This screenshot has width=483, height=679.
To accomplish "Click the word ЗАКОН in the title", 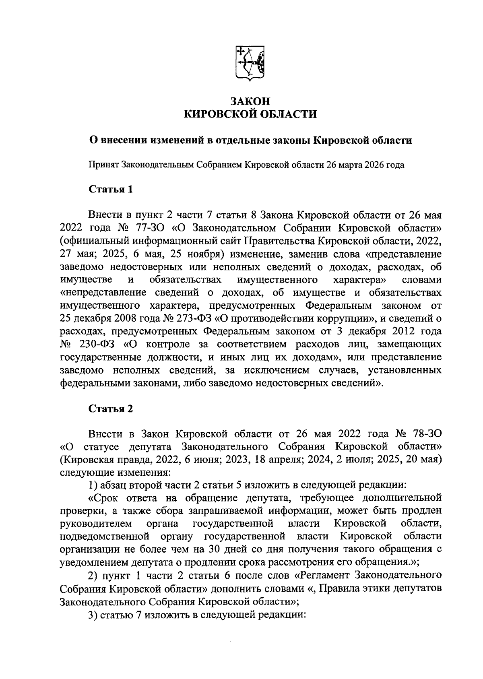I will [x=250, y=101].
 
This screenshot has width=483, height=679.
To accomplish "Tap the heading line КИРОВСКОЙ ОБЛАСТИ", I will [x=250, y=115].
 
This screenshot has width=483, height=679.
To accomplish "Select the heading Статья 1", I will [x=110, y=189].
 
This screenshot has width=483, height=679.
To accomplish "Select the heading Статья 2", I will [x=110, y=409].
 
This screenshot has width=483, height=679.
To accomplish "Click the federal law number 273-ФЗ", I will [x=194, y=318].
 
